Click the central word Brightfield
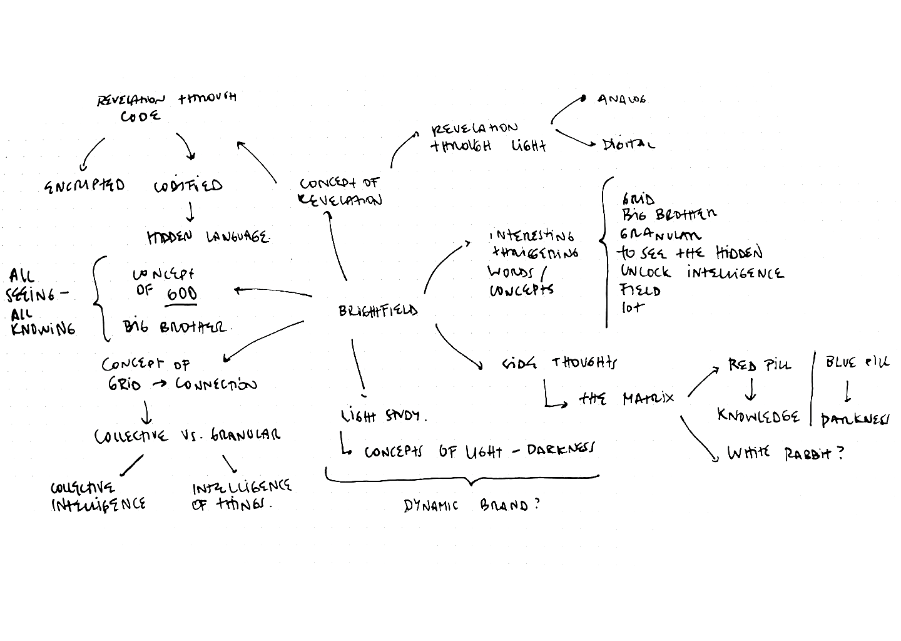coord(378,310)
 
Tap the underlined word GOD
coord(181,294)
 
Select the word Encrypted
coord(84,186)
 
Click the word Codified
coord(188,186)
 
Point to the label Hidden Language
coord(208,238)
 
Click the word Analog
coord(621,100)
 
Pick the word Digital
coord(628,145)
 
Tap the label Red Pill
coord(759,365)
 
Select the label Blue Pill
coord(856,363)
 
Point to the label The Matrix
coord(626,398)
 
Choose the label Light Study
coord(384,416)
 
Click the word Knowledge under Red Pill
coord(758,416)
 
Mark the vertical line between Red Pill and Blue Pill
coord(813,388)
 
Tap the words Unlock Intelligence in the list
coord(701,272)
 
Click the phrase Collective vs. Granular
coord(187,436)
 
